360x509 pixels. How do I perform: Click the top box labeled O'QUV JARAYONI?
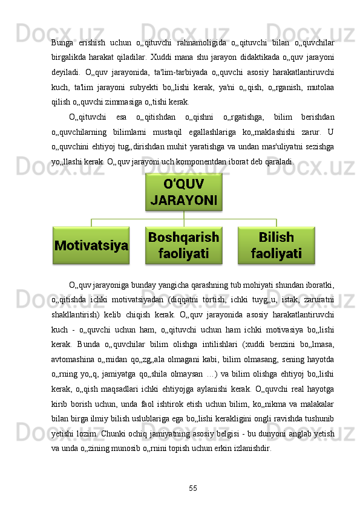pyautogui.click(x=183, y=192)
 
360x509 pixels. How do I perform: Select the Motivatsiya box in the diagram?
pyautogui.click(x=91, y=245)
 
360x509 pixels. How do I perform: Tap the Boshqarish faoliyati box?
pyautogui.click(x=183, y=245)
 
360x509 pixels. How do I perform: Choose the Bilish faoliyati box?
pyautogui.click(x=276, y=245)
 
